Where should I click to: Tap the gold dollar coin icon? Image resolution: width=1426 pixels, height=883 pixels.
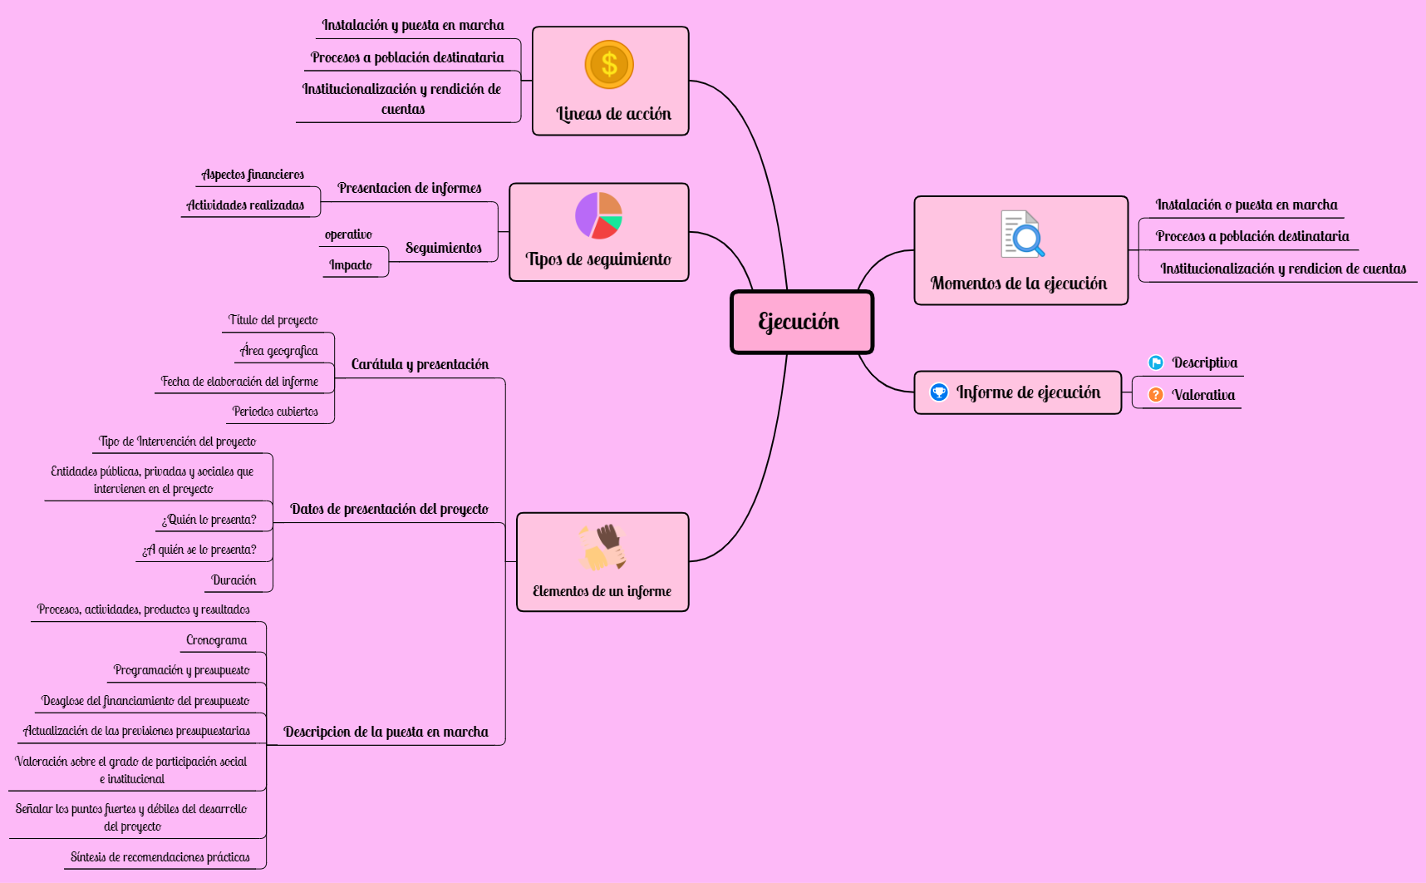pos(609,64)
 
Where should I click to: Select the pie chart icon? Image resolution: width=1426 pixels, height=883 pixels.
pos(598,215)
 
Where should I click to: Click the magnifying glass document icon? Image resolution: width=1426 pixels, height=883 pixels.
pos(1022,234)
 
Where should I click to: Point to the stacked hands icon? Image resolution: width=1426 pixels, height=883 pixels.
pos(602,547)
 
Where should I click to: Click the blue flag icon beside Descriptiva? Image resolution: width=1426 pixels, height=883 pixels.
pos(1156,363)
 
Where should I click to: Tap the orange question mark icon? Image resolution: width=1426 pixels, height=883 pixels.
pos(1156,395)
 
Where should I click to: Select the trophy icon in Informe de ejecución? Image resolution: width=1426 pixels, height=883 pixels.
pos(939,392)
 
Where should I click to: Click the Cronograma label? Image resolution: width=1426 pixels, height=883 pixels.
pos(217,640)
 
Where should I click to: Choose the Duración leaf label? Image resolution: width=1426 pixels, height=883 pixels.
pos(234,580)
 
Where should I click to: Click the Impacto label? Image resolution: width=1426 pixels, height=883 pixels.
pos(351,265)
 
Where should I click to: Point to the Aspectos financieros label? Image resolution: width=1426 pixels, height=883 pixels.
pos(253,175)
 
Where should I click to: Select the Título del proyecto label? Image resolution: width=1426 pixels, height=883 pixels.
pos(273,320)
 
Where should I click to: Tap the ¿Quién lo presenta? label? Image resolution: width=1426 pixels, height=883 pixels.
pos(209,520)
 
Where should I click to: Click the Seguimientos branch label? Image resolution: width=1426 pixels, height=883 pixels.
pos(444,248)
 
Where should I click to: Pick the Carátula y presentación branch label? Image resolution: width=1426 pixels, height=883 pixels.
pos(420,364)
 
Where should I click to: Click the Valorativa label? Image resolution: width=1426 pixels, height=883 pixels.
pos(1203,395)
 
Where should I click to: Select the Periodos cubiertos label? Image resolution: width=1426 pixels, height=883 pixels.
pos(275,412)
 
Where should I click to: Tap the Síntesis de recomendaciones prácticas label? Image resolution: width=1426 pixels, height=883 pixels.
pos(160,857)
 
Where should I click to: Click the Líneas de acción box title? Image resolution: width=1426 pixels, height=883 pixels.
pos(613,114)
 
